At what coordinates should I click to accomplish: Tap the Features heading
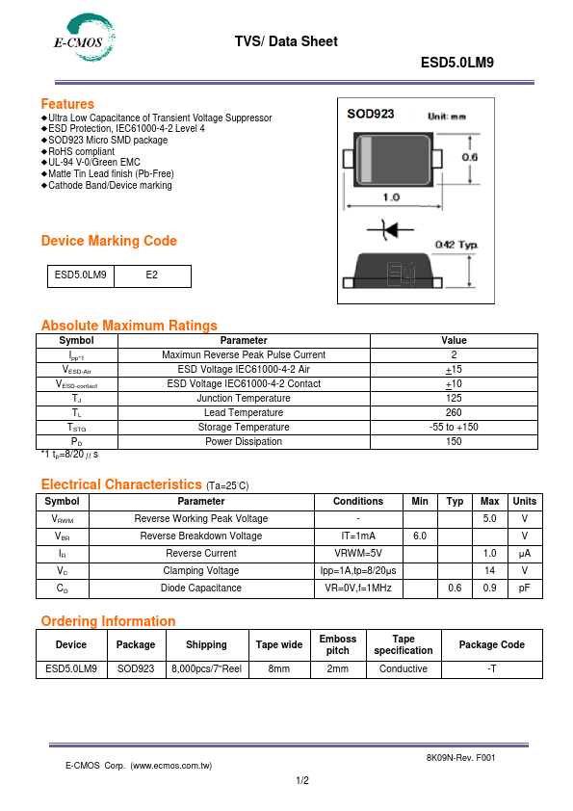click(x=67, y=104)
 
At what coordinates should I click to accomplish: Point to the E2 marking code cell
click(x=152, y=275)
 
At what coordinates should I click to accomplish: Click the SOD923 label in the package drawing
click(x=371, y=114)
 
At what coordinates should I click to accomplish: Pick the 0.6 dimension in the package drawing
click(x=471, y=157)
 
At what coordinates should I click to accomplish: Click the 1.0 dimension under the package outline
click(x=392, y=197)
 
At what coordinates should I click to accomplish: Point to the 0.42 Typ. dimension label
click(x=456, y=245)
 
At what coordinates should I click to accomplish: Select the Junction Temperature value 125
click(x=454, y=398)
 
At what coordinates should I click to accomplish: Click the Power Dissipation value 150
click(x=454, y=441)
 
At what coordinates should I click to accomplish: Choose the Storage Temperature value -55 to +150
click(x=454, y=427)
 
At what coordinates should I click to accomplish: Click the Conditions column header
click(x=358, y=501)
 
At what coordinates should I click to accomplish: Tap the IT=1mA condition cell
click(x=358, y=536)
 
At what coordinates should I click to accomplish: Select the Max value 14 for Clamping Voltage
click(x=489, y=570)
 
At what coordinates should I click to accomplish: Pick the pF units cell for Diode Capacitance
click(x=525, y=588)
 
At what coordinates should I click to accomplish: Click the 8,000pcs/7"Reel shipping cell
click(x=206, y=668)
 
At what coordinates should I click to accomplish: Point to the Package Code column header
click(x=491, y=644)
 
